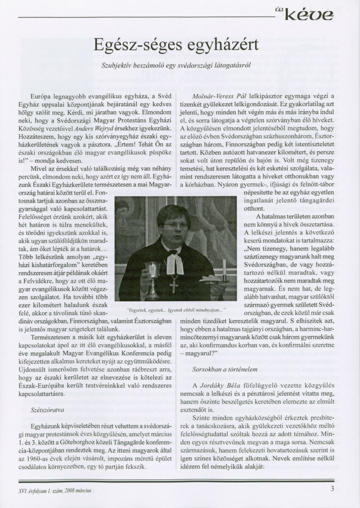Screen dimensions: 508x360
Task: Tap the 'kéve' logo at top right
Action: click(x=313, y=16)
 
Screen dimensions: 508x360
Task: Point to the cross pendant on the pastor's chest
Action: click(x=173, y=285)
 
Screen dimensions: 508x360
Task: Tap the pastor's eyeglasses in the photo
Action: click(x=175, y=226)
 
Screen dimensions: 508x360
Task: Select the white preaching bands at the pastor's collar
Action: click(x=175, y=263)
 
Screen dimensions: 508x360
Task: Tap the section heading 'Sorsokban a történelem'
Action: click(x=225, y=369)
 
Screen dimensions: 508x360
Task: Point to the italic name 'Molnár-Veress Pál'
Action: click(x=217, y=97)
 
